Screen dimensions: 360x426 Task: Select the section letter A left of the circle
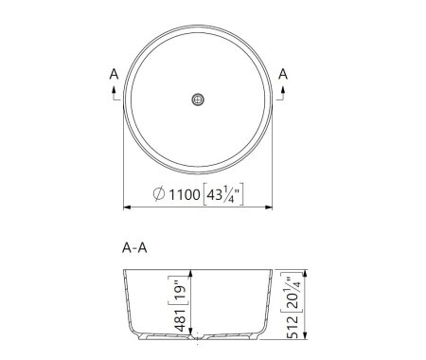coord(114,73)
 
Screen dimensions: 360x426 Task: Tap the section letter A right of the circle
coord(283,73)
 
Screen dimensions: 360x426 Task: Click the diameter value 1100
coord(184,195)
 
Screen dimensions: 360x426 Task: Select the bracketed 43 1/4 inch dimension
coord(224,195)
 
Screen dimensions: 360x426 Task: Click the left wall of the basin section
coord(129,303)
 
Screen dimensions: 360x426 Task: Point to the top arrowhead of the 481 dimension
coord(190,272)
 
